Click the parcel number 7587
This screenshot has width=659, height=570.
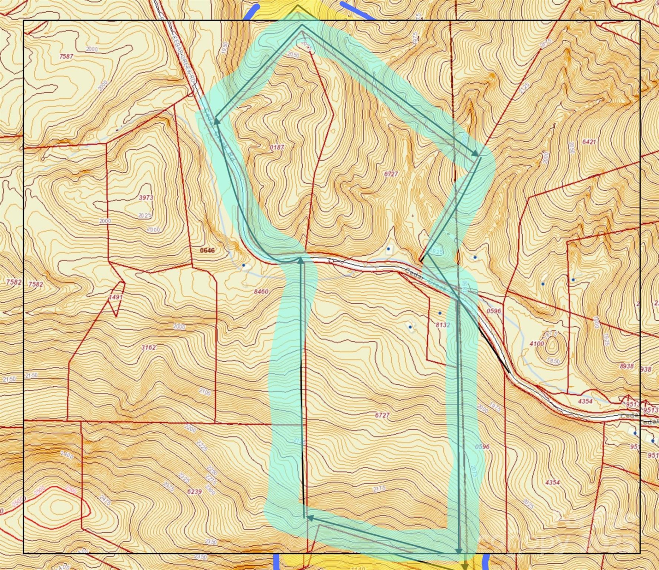pos(66,57)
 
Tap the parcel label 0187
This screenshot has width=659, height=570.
pos(277,147)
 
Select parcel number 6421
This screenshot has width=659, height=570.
pos(589,142)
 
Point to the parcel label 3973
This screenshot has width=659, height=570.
pos(146,198)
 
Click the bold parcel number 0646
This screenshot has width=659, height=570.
pos(207,250)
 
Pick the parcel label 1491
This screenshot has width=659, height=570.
pos(116,297)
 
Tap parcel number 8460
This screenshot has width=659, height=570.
pos(261,292)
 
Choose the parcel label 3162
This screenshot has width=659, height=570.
pos(148,348)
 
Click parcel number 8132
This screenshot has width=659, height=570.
pos(443,325)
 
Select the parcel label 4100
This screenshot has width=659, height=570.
pos(537,344)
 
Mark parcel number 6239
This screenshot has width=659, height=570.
pos(194,492)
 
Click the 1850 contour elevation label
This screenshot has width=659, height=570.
pos(554,361)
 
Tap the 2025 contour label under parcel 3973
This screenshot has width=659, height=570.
pos(145,216)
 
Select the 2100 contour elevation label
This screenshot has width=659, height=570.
pos(205,392)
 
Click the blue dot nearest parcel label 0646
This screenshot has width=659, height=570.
pos(244,265)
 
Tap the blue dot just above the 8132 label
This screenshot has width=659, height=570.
pos(440,313)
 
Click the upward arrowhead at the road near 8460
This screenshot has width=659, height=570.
pos(301,260)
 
